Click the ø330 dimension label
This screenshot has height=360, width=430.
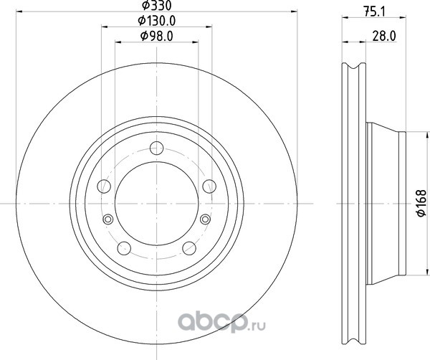click(x=156, y=5)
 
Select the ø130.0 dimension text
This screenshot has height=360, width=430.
click(x=156, y=21)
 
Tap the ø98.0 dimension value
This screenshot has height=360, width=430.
click(x=156, y=37)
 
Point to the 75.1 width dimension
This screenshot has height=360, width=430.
click(x=374, y=12)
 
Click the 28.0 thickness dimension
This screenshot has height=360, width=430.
click(x=384, y=37)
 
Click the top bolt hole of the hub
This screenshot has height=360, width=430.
click(x=156, y=148)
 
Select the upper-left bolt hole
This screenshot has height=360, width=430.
click(x=104, y=186)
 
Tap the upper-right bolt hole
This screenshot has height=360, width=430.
click(x=209, y=186)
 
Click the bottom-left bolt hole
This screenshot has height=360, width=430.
click(x=124, y=248)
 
